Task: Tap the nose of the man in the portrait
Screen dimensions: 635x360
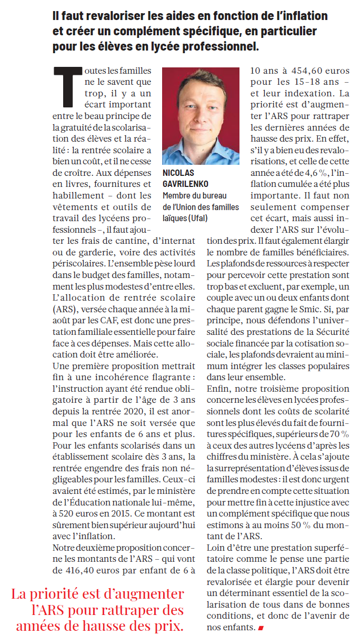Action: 198,115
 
